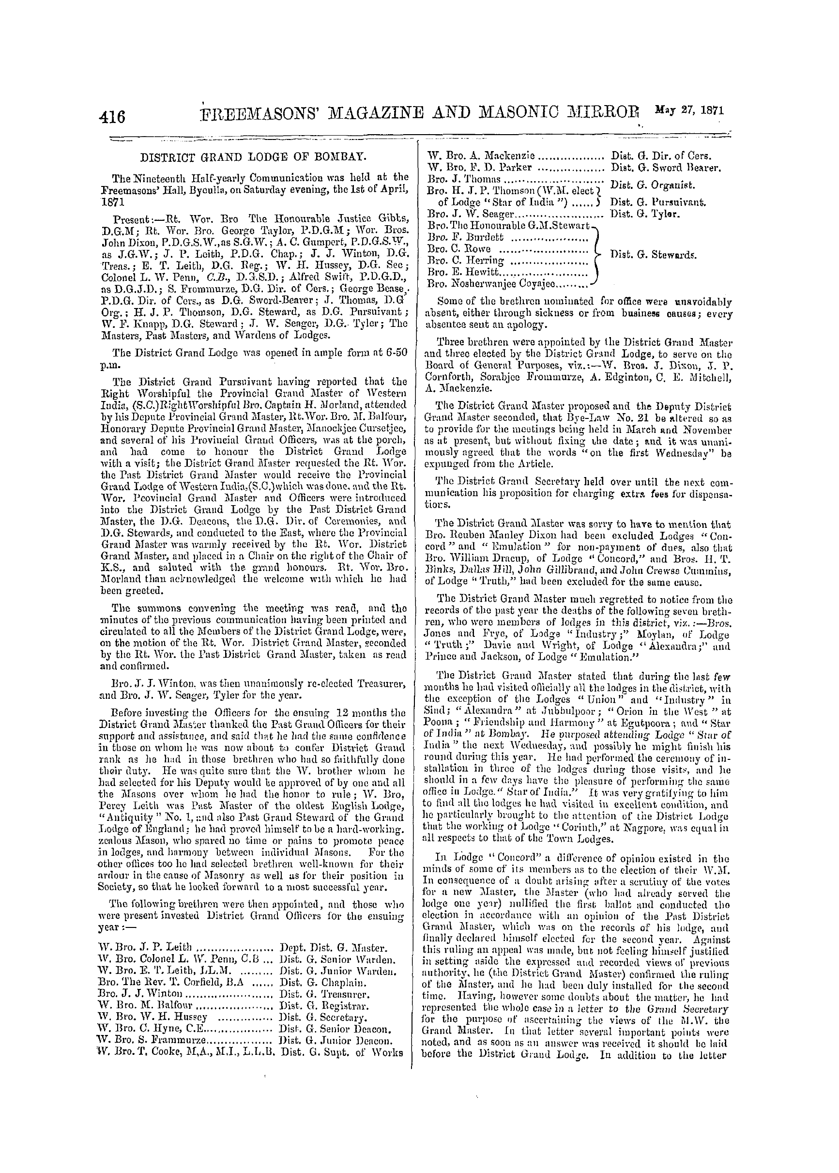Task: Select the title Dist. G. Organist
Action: pos(653,185)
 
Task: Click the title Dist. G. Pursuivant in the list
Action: pos(658,202)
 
